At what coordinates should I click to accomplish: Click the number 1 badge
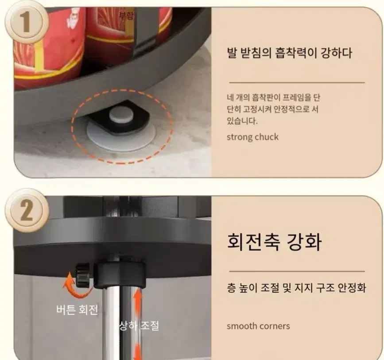coord(24,22)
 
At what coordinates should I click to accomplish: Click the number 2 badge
coord(27,211)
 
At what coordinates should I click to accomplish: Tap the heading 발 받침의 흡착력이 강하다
coord(289,53)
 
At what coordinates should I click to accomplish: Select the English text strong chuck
coord(252,137)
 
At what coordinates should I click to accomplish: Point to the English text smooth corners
coord(258,326)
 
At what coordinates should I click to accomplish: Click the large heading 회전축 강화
coord(274,241)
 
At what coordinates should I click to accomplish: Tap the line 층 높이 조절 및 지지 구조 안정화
coord(296,288)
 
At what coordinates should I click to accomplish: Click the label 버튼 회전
coord(77,310)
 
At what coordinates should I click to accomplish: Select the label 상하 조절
coord(139,326)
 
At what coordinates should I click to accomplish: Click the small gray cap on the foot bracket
coord(121,114)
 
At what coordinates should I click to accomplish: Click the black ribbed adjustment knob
coord(82,275)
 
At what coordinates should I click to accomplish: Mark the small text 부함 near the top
coord(126,15)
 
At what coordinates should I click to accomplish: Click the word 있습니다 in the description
coord(241,121)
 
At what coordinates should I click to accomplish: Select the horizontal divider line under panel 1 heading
coord(297,83)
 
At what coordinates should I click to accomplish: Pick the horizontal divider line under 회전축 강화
coord(297,271)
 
